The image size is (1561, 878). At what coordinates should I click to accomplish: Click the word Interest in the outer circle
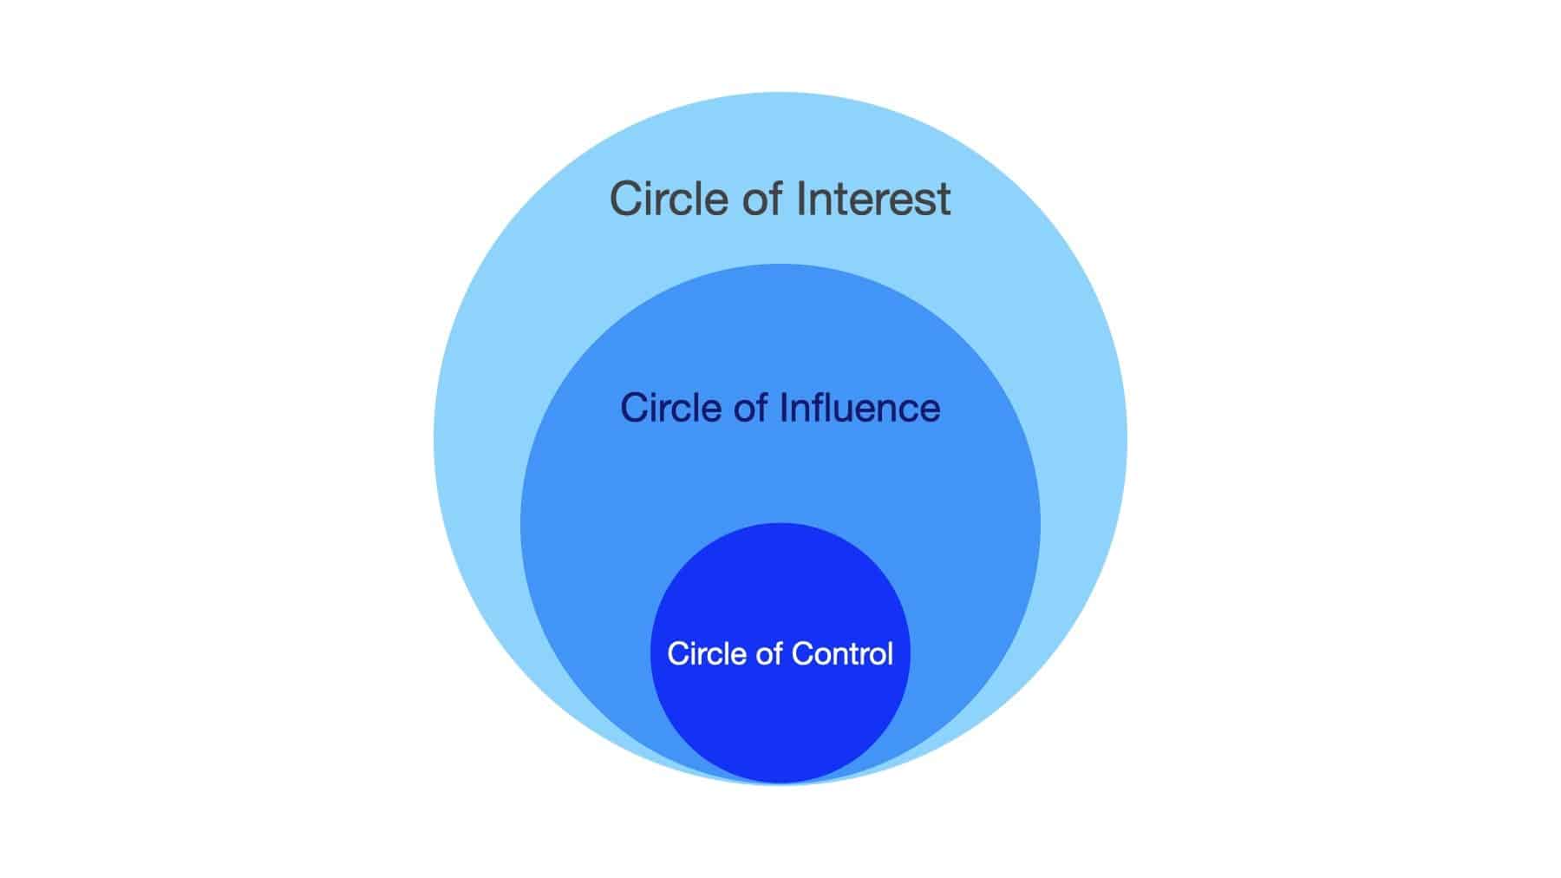(x=873, y=199)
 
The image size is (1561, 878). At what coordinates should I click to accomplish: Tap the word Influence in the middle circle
(x=860, y=408)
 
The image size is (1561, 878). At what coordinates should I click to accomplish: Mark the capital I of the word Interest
(x=801, y=199)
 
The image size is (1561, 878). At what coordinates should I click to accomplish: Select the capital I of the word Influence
(x=785, y=408)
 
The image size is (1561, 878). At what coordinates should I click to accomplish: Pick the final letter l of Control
(x=889, y=652)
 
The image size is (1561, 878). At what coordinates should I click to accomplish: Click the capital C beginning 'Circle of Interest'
(x=626, y=199)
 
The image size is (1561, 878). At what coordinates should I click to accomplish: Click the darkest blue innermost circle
(x=780, y=720)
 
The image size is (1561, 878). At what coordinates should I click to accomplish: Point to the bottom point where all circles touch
(x=780, y=783)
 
